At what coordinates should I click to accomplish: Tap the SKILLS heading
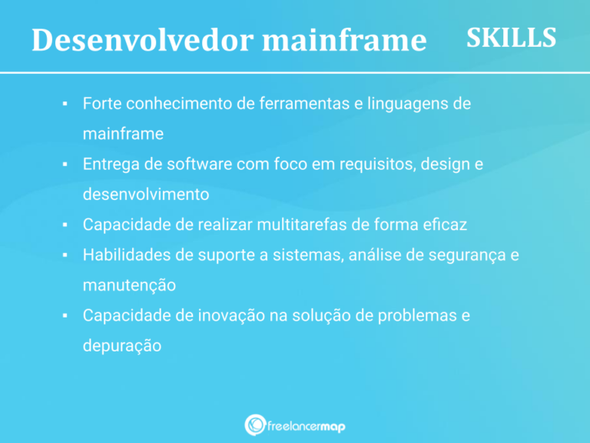coord(511,38)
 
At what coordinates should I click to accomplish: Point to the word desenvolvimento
coord(146,195)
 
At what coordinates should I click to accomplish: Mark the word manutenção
coord(129,285)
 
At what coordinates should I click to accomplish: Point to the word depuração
coord(122,346)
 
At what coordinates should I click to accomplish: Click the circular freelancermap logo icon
coord(254,424)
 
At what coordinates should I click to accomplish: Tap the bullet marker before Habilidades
coord(66,255)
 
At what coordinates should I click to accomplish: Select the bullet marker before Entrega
coord(66,164)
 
